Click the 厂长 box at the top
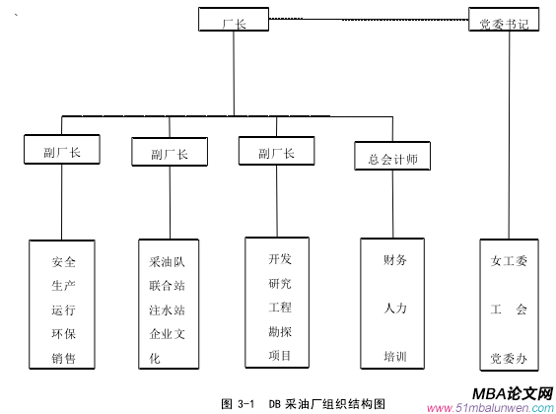[234, 20]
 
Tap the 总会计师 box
[392, 158]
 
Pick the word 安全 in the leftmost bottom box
[63, 263]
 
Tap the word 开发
[280, 259]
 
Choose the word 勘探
[280, 331]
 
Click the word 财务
[395, 260]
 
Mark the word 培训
[395, 356]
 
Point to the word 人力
[395, 309]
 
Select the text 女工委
[509, 262]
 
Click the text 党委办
[509, 357]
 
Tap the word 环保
[63, 334]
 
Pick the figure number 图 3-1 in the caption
[239, 403]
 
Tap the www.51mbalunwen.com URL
[490, 407]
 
